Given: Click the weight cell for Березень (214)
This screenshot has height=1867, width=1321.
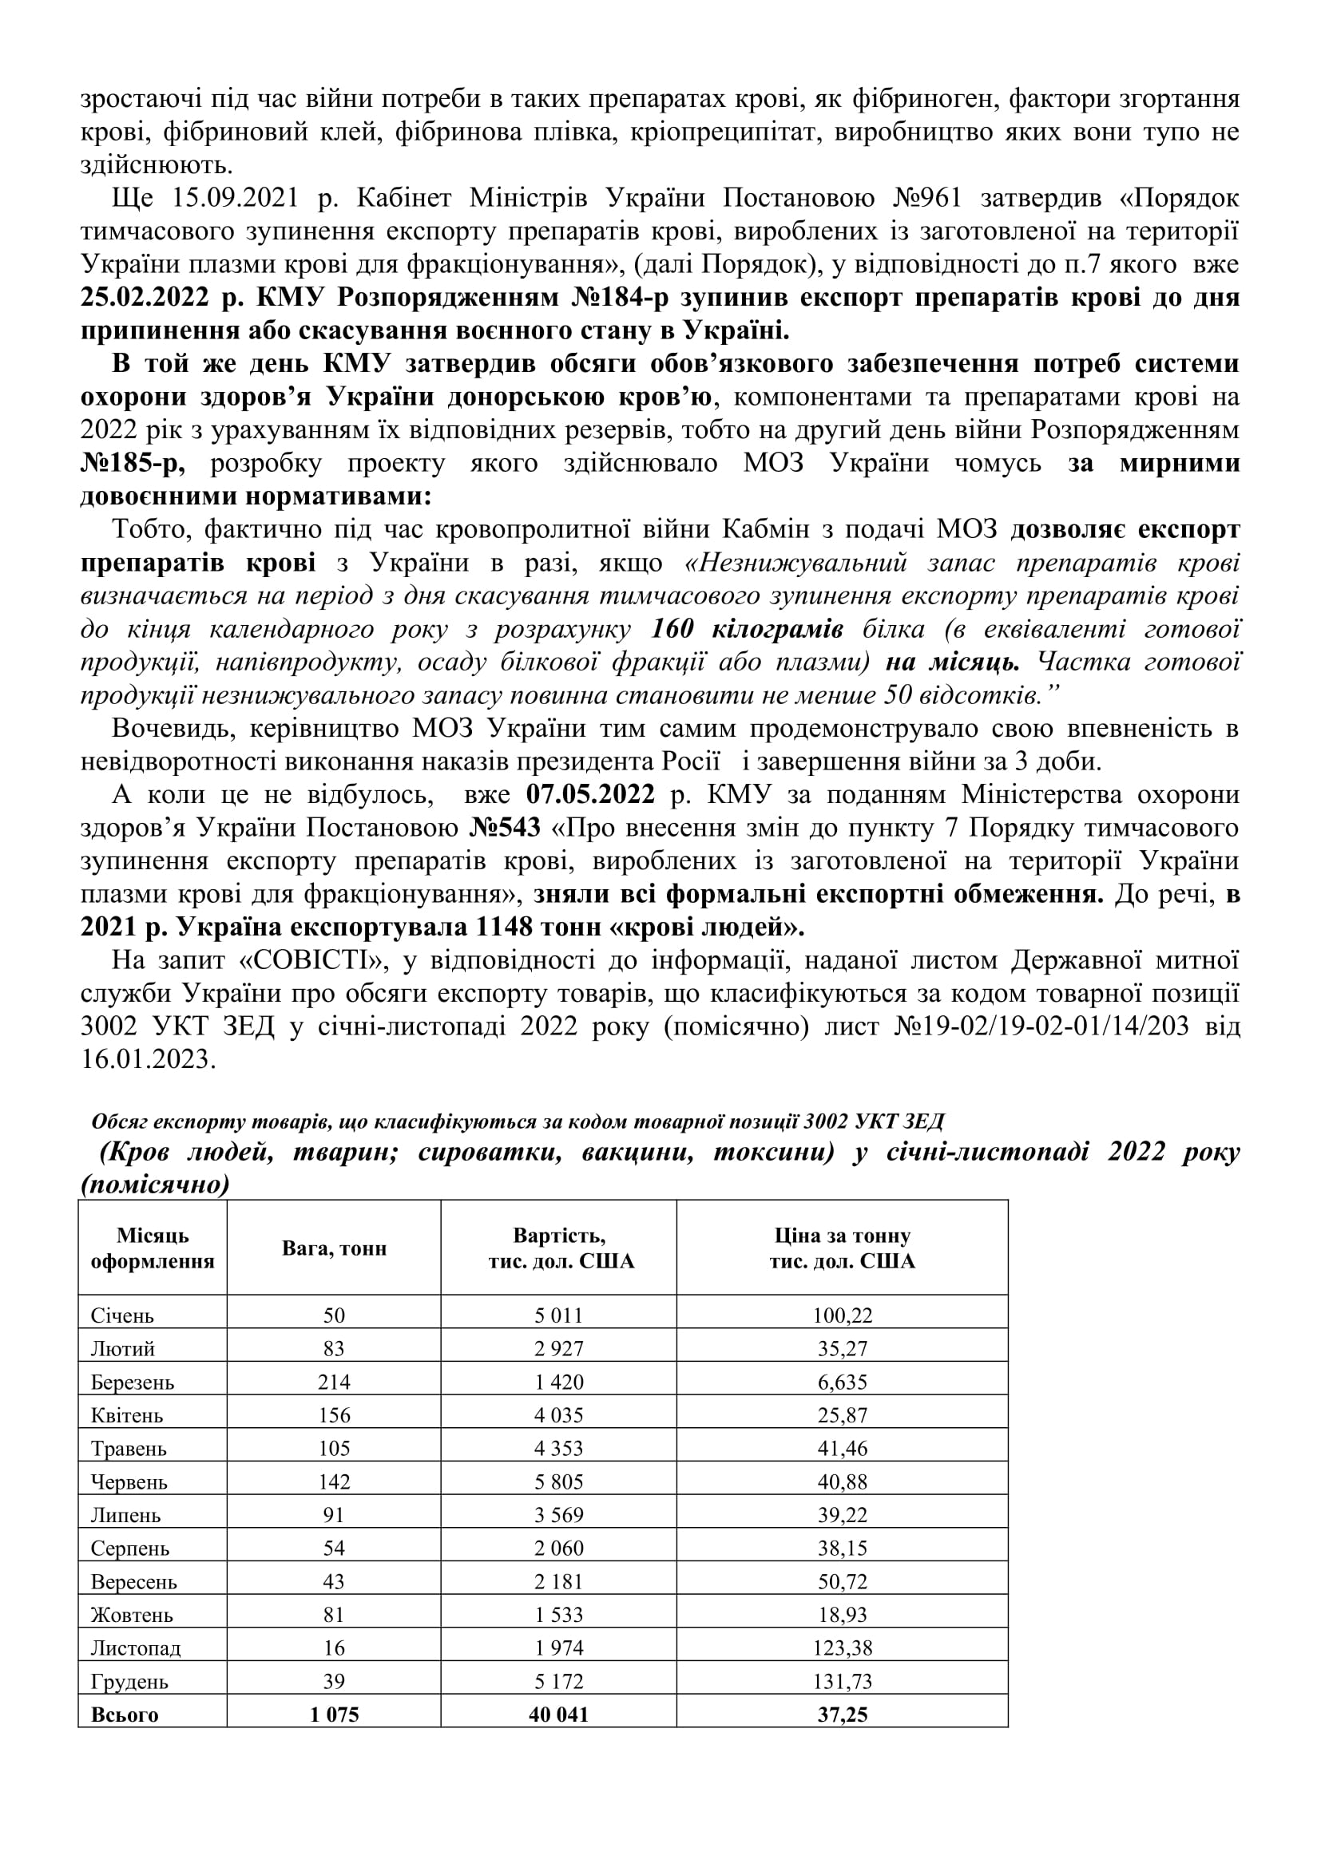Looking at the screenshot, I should click(334, 1382).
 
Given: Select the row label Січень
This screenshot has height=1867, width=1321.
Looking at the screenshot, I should click(122, 1315).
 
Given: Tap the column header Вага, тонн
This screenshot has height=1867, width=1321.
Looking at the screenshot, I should click(334, 1248).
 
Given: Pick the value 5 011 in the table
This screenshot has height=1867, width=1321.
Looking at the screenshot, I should click(558, 1315).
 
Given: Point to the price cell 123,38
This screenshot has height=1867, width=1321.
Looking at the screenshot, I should click(842, 1647).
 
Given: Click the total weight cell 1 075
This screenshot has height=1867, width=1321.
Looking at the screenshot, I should click(334, 1714).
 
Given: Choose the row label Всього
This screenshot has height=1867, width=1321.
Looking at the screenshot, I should click(125, 1714).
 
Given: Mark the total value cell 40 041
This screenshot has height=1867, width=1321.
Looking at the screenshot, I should click(558, 1714).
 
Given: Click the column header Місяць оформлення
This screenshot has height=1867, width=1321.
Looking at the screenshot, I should click(152, 1248).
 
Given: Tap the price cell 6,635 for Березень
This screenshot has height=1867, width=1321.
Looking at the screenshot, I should click(842, 1382).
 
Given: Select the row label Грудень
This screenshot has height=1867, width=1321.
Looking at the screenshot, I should click(129, 1681).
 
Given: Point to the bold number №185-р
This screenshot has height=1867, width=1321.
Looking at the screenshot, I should click(133, 464).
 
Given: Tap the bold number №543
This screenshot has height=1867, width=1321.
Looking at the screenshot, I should click(505, 827).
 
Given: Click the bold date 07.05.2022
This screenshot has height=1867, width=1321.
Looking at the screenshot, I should click(589, 793).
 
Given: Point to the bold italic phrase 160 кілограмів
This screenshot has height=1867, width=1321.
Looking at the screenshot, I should click(748, 628).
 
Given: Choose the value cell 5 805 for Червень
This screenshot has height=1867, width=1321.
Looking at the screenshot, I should click(558, 1481).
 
